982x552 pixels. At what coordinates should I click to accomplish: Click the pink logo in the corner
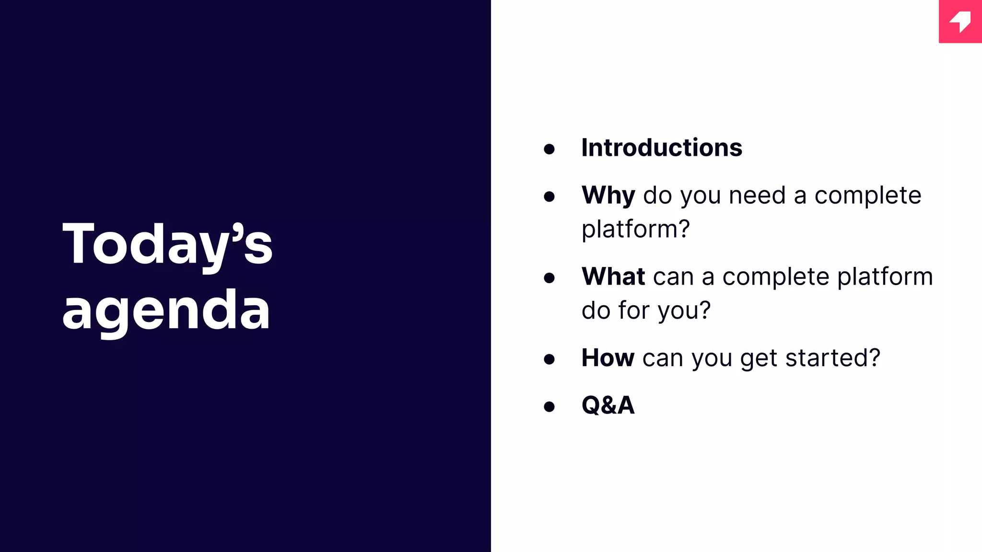coord(960,22)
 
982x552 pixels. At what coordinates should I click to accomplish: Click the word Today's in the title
coord(167,244)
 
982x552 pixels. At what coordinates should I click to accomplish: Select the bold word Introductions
coord(662,148)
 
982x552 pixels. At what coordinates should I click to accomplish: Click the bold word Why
coord(608,195)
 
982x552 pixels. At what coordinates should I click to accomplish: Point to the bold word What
coord(613,276)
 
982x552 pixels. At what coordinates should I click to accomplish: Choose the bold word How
coord(608,357)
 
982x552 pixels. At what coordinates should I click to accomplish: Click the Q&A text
coord(608,405)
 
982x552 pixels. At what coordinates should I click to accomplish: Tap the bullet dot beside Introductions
coord(549,149)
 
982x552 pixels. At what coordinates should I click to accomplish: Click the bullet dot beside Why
coord(549,196)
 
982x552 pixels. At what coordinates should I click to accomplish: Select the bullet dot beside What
coord(549,278)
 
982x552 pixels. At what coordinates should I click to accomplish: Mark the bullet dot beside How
coord(549,359)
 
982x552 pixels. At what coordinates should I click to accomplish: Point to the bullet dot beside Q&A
coord(549,407)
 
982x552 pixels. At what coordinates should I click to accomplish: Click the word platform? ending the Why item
coord(635,230)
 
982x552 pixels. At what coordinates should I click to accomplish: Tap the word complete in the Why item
coord(868,195)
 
